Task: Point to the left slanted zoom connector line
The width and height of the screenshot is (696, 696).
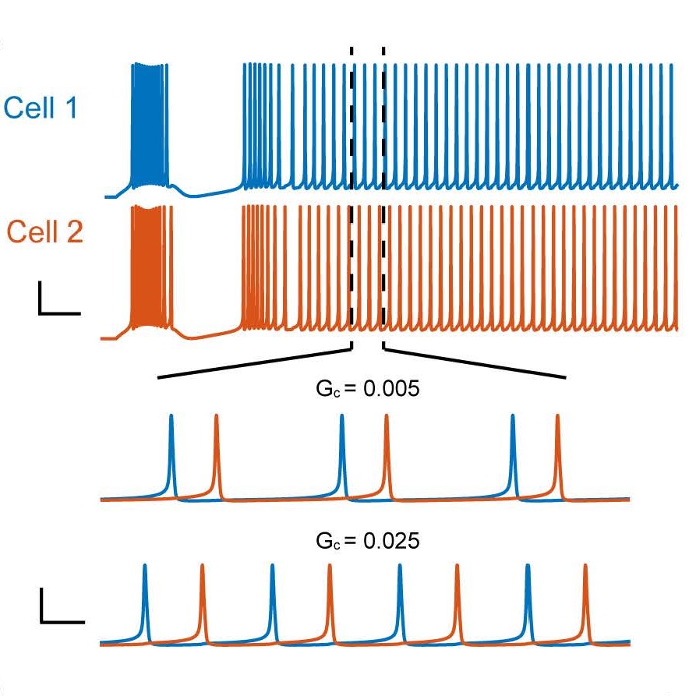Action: click(255, 366)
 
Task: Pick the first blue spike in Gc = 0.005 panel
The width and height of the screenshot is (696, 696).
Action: click(171, 452)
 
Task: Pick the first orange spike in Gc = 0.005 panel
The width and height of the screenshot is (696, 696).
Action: click(216, 452)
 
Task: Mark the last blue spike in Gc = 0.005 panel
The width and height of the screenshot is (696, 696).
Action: click(513, 452)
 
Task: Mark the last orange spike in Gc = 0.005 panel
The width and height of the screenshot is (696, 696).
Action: click(557, 452)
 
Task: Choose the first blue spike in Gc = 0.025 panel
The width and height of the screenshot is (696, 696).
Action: click(145, 600)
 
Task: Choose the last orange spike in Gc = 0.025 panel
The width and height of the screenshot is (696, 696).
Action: click(585, 600)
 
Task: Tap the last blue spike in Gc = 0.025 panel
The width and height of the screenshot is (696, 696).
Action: click(528, 600)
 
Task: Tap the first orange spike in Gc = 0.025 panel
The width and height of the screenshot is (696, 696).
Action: click(202, 600)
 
